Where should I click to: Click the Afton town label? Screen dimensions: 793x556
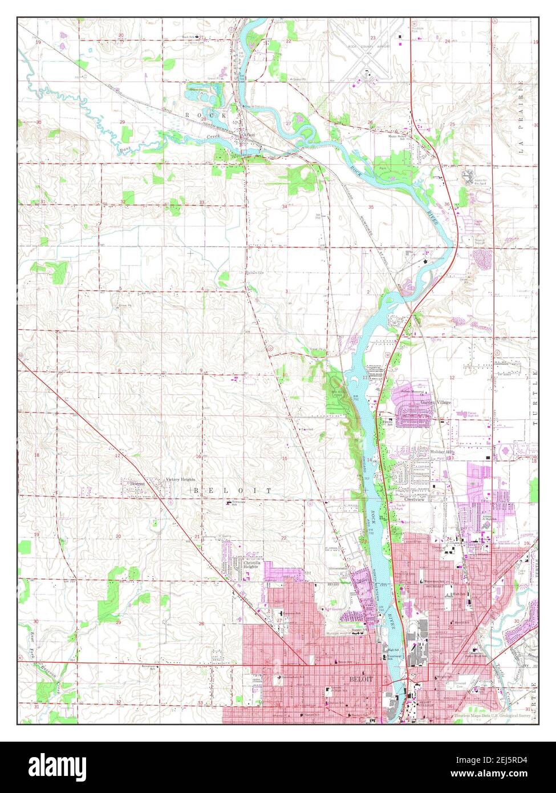tap(249, 135)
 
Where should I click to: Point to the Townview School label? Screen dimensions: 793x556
tap(237, 503)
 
